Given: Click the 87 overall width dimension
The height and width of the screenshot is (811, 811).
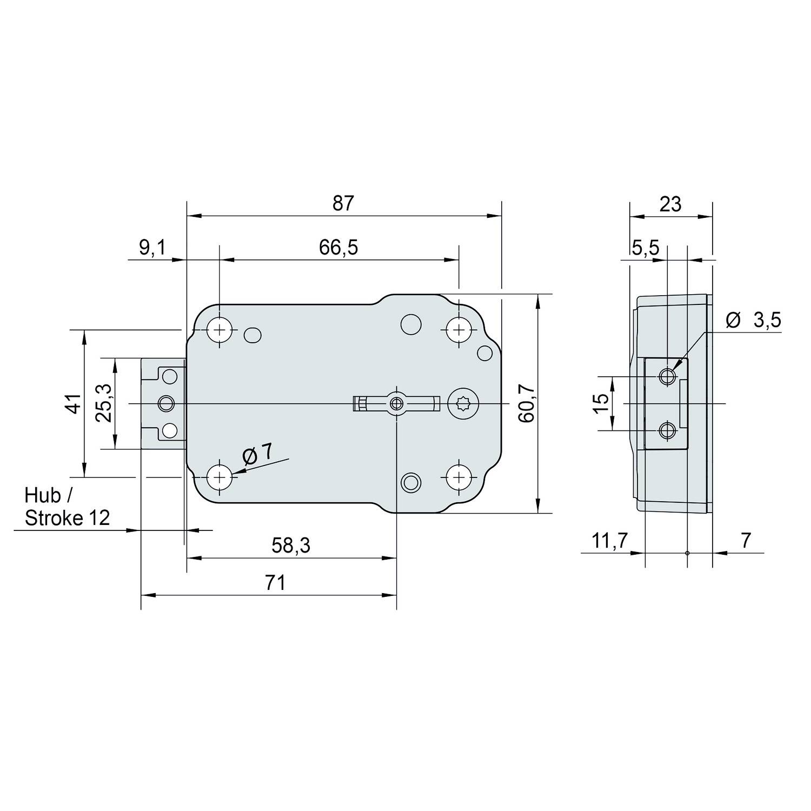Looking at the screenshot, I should [343, 203].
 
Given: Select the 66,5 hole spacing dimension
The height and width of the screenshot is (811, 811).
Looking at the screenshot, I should [338, 248].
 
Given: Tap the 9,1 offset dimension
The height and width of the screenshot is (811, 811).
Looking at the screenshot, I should [153, 248].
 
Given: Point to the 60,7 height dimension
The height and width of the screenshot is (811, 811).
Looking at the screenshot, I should [528, 403].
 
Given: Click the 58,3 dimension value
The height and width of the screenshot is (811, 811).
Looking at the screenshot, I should [291, 546].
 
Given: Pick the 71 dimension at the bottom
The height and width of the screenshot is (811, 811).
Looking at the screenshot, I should [275, 583].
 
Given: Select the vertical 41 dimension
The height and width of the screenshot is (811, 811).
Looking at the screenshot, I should [74, 403].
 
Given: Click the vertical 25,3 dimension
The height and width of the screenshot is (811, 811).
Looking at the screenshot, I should [104, 403].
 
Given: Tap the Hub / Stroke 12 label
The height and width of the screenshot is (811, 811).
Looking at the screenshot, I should [67, 507].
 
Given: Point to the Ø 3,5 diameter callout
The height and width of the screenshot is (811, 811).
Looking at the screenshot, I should [754, 321].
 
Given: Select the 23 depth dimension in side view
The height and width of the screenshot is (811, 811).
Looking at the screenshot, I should [670, 204].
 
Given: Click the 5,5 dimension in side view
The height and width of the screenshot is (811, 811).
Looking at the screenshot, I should [646, 248].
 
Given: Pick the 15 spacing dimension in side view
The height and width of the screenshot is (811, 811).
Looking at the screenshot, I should [601, 403].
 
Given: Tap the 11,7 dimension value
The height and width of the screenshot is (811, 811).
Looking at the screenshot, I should [608, 540].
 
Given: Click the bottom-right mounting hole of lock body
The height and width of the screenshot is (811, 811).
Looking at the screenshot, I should [458, 477].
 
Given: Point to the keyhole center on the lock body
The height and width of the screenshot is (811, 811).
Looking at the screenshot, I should [397, 403].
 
